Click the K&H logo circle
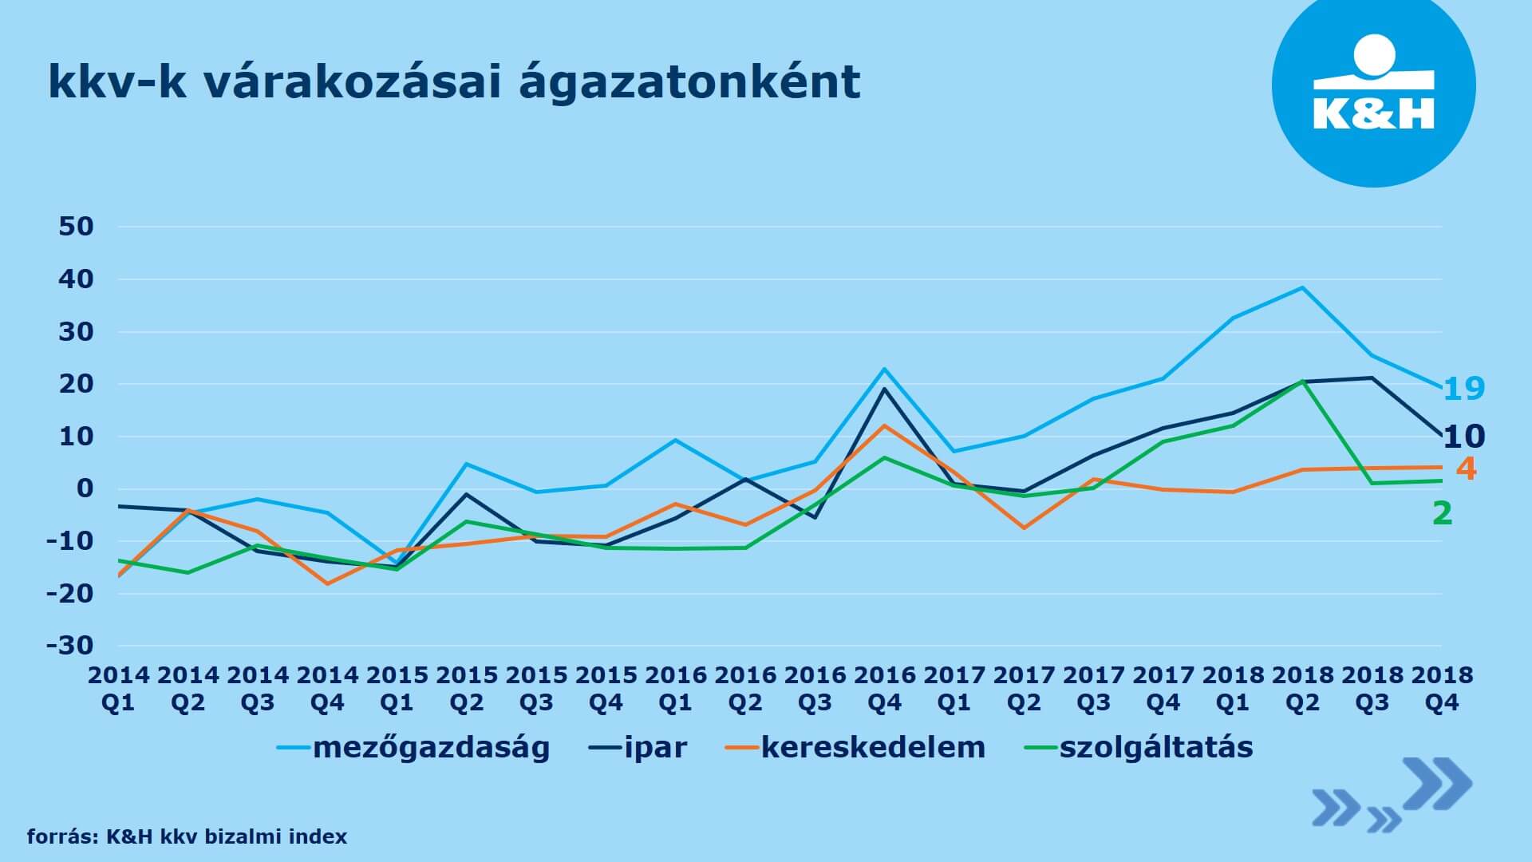coord(1373,85)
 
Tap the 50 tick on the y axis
coord(77,227)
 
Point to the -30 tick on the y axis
coord(70,645)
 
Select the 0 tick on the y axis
coord(85,488)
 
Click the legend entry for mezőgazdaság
coord(413,748)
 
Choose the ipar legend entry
coord(638,748)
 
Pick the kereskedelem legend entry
coord(855,748)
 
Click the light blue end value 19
coord(1464,389)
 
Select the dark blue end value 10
coord(1464,437)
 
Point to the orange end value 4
coord(1467,469)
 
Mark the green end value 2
coord(1443,513)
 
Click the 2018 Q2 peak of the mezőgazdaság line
coord(1302,287)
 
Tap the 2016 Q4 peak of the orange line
coord(884,425)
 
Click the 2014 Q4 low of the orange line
coord(327,583)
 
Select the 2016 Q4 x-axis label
coord(884,689)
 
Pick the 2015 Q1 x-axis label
coord(397,689)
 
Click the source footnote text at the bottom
coord(188,836)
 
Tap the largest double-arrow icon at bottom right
coord(1436,784)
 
